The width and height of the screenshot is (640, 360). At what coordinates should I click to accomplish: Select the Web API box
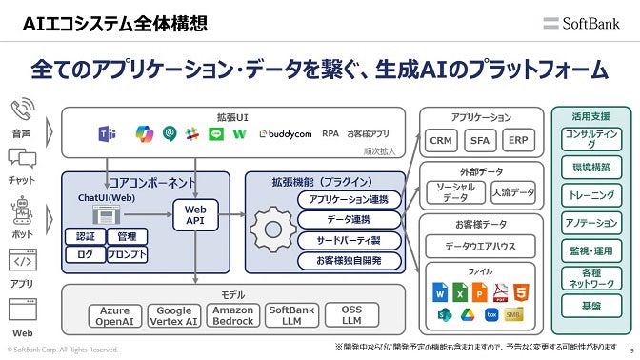(x=194, y=214)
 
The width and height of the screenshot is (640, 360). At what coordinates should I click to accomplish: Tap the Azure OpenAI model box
(x=114, y=316)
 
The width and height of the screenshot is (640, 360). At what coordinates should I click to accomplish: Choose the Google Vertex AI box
(x=173, y=316)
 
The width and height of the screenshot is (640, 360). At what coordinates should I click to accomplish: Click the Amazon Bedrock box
(x=232, y=316)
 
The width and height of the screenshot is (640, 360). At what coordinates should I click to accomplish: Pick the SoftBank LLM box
(x=291, y=316)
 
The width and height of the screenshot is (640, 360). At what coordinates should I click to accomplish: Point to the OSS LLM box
(x=350, y=316)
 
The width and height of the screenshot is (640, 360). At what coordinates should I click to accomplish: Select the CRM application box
(x=441, y=140)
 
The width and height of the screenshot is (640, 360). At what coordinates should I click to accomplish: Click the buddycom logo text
(x=287, y=133)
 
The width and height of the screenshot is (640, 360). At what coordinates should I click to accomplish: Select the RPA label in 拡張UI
(x=330, y=133)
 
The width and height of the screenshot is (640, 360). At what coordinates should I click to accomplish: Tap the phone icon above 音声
(x=21, y=110)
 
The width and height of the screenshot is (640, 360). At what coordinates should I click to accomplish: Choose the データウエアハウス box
(x=480, y=247)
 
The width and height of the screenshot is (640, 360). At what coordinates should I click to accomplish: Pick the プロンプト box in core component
(x=127, y=254)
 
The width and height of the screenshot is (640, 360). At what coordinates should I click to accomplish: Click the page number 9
(x=631, y=350)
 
